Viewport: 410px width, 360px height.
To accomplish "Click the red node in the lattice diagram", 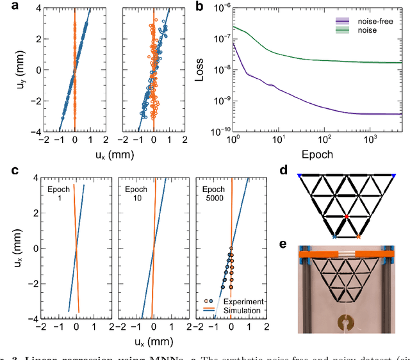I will (347, 217).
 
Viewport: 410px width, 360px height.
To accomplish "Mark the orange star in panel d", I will (358, 236).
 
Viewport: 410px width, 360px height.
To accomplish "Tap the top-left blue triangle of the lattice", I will (300, 174).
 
